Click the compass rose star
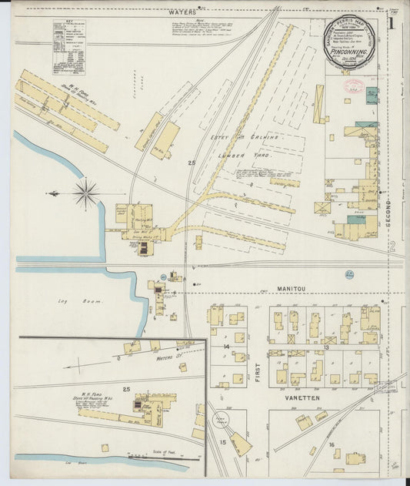coord(85,193)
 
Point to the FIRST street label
coord(258,350)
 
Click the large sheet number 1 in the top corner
coord(392,24)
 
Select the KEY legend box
coord(68,47)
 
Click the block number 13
coord(326,347)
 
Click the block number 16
coord(332,444)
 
